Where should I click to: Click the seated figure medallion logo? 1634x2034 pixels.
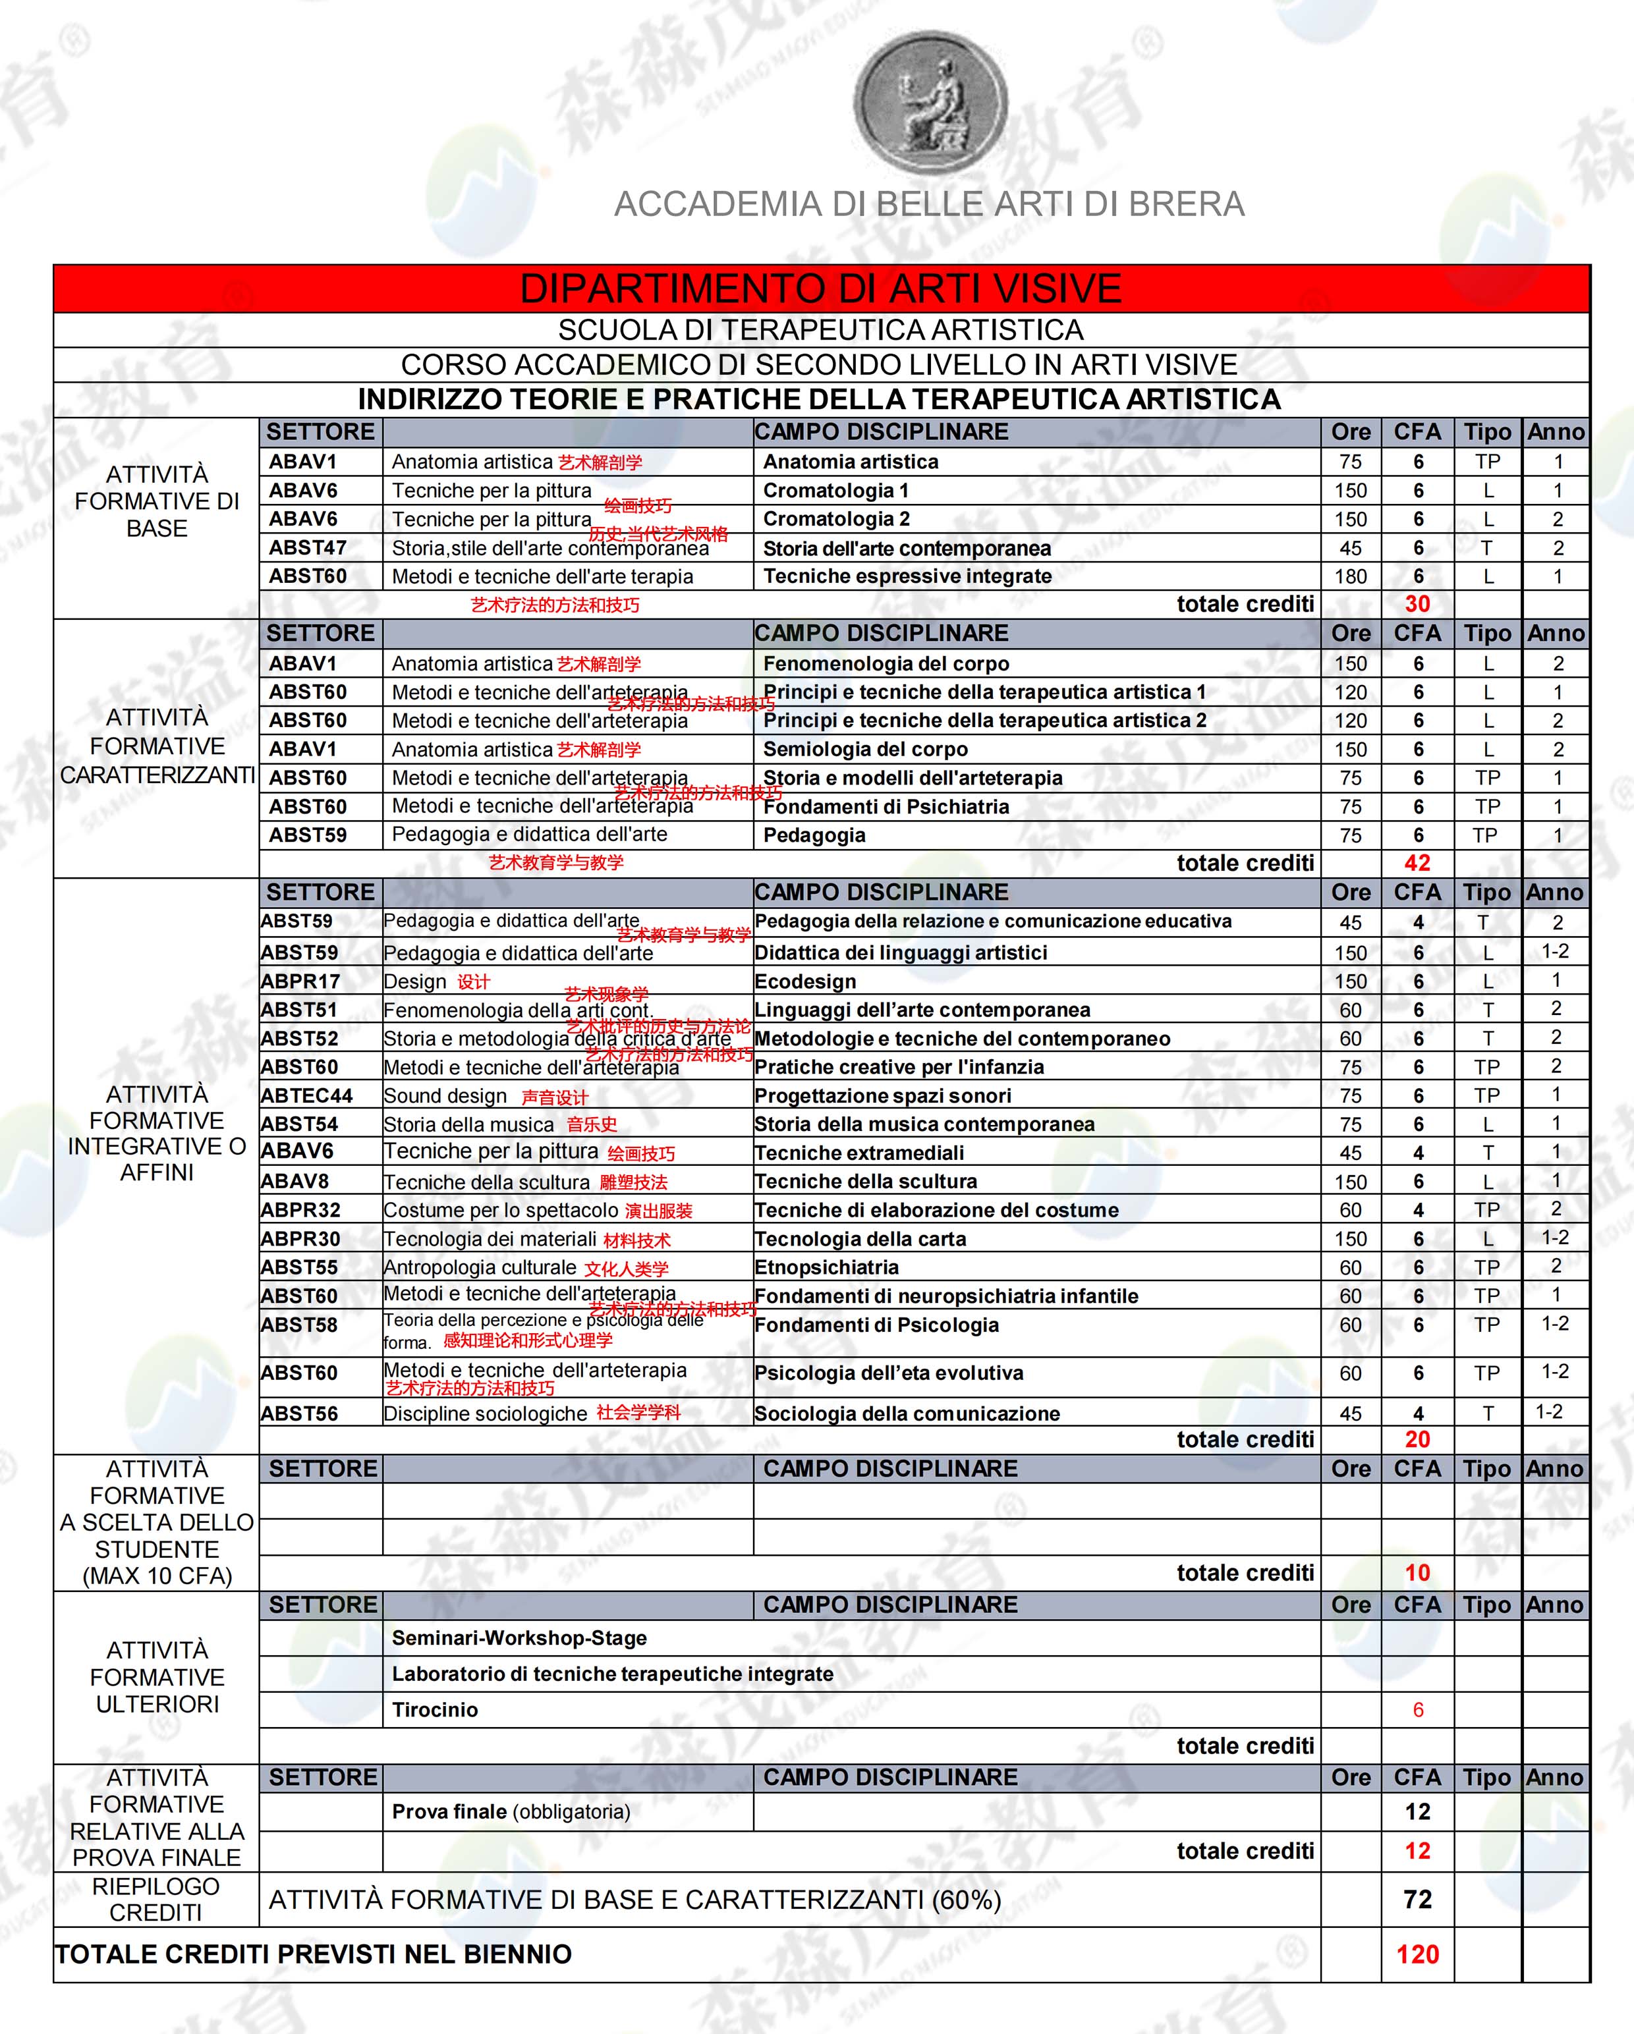930,103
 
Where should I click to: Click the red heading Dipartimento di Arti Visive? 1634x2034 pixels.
821,289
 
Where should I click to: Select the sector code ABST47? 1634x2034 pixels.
308,548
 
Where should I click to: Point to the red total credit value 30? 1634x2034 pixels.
1417,604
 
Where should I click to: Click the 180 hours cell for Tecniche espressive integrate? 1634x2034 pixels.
1350,576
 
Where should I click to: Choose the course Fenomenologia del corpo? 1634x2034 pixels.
886,663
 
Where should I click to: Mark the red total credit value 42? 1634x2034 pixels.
1417,862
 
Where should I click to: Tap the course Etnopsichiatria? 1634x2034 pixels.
826,1267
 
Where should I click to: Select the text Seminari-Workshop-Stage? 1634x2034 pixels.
519,1637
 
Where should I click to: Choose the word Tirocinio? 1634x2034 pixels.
435,1709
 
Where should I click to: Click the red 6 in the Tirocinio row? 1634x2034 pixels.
1417,1709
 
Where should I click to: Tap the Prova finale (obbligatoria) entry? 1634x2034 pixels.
511,1811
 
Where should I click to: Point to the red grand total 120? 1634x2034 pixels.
1417,1954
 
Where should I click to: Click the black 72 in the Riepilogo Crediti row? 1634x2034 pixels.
1417,1899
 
